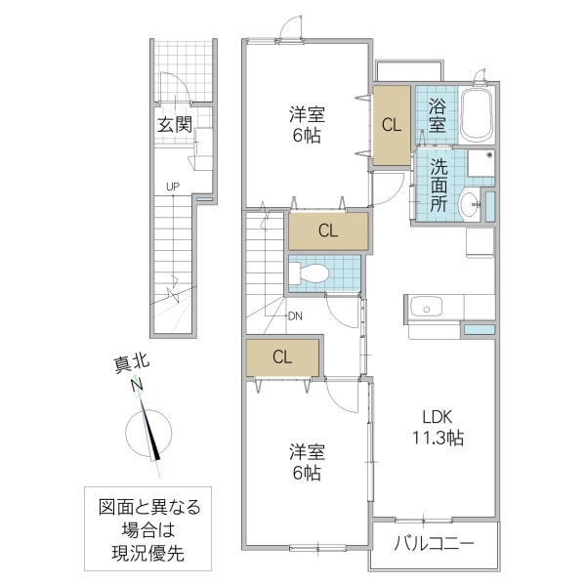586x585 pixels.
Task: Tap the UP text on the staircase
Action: pos(172,186)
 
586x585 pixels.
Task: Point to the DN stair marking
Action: pos(296,315)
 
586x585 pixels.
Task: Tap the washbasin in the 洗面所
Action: pos(468,203)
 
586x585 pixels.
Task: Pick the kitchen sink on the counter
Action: pos(426,308)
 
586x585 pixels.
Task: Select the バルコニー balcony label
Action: pos(435,543)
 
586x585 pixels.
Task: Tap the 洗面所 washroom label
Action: pos(439,185)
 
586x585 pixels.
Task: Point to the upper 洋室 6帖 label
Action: pos(305,124)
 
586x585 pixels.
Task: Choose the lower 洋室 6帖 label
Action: pos(305,462)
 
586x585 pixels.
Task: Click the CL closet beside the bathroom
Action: pos(391,125)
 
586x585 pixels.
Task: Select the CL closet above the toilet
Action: pos(327,230)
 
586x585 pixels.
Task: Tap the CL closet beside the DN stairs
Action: pos(281,356)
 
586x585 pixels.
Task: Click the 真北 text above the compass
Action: pos(122,367)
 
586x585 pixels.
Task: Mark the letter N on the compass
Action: pos(138,386)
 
